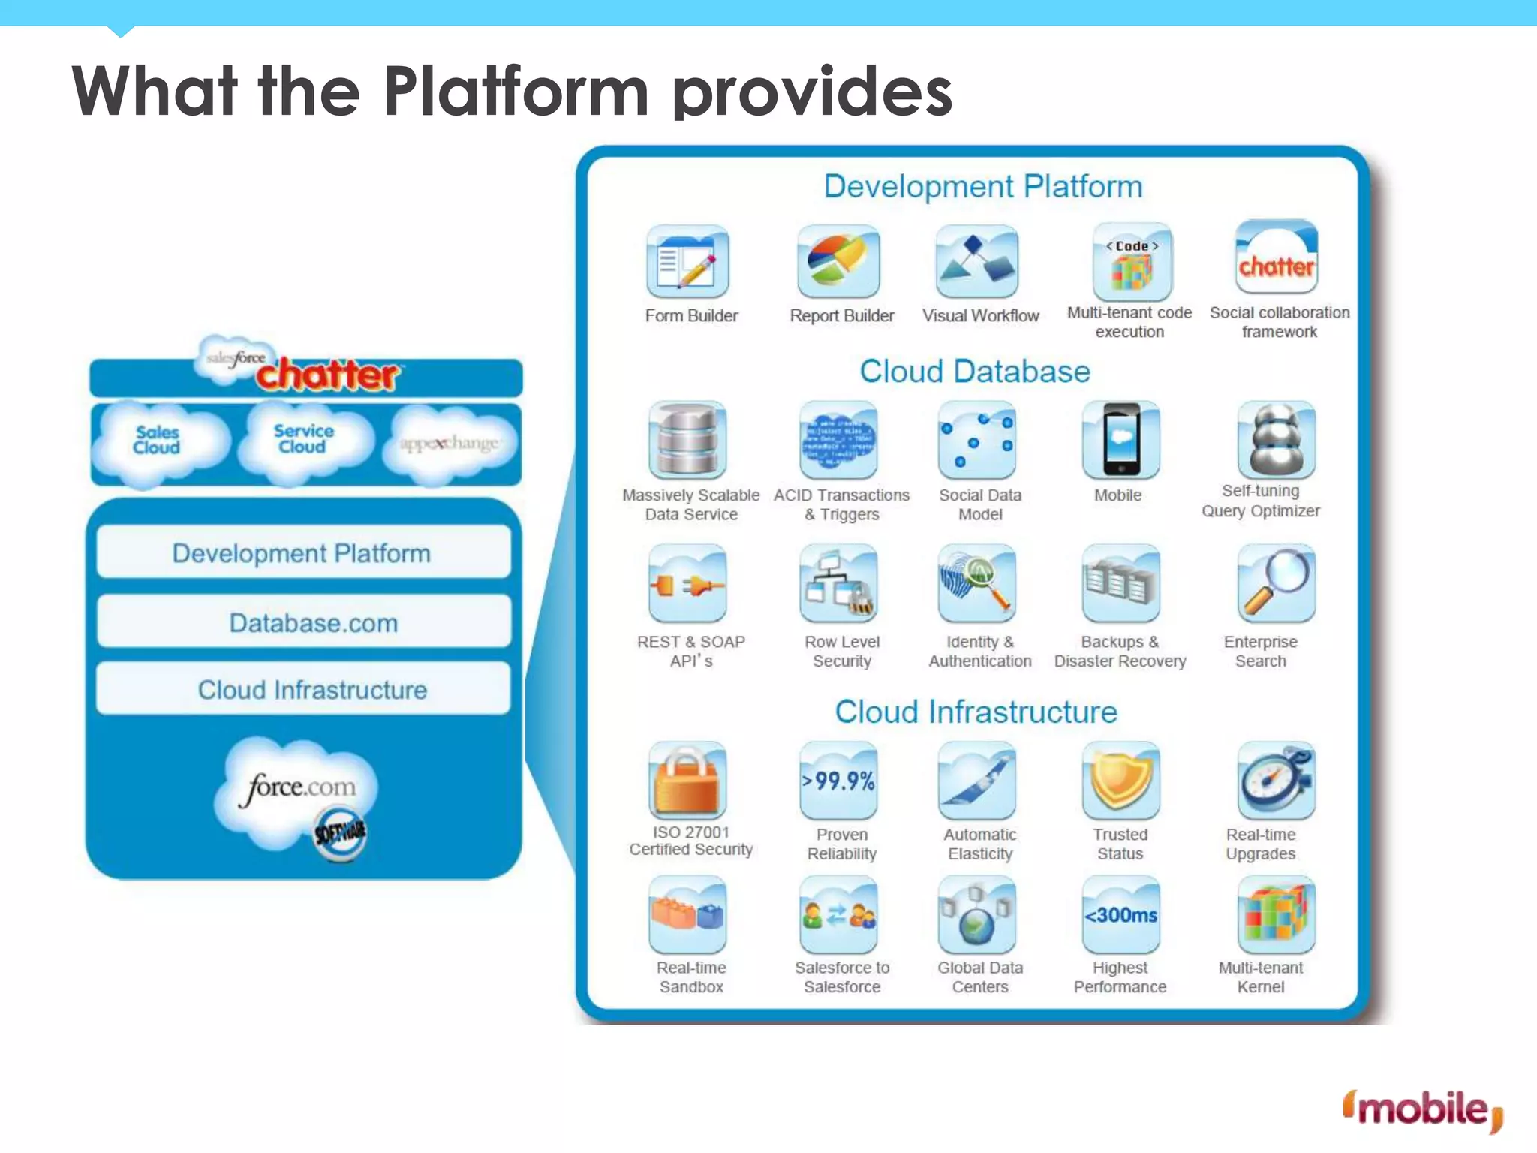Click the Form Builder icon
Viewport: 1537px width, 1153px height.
687,262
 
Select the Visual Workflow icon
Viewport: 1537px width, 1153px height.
977,262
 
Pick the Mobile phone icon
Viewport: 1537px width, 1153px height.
1121,441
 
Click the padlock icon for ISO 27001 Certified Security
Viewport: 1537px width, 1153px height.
687,781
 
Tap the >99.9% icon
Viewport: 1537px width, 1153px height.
838,781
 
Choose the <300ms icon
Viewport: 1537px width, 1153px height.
1120,915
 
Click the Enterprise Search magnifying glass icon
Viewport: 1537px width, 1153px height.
1276,584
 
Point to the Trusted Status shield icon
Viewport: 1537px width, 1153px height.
1120,781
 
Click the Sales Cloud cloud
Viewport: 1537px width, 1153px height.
158,441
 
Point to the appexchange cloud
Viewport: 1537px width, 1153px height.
449,444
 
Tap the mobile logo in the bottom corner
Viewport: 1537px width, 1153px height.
1423,1109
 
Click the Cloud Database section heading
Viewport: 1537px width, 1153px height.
974,372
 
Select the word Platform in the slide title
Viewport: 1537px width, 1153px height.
516,92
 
